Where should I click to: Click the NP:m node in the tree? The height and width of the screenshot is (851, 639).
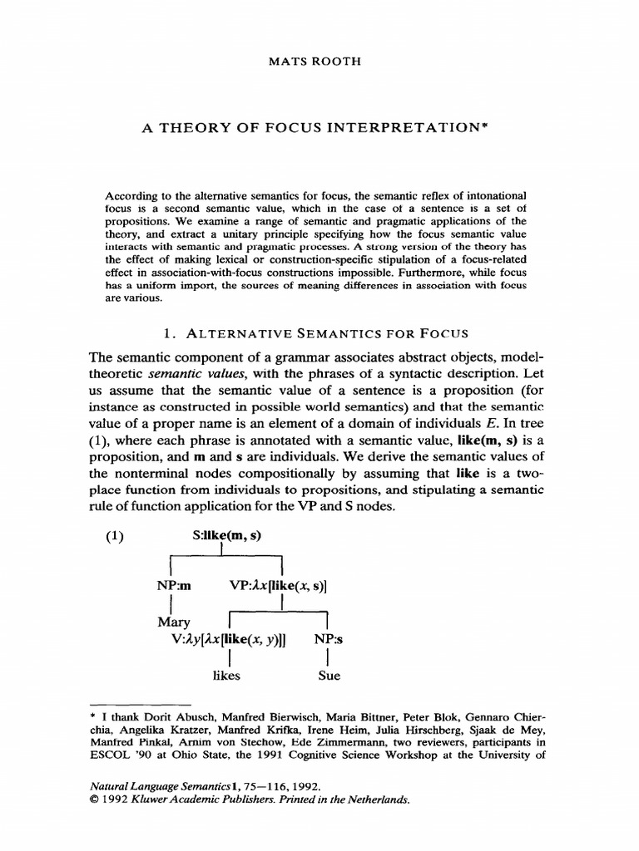tap(175, 586)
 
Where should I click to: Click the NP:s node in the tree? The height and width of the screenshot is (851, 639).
tap(328, 639)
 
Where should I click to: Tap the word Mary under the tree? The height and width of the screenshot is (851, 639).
tap(174, 622)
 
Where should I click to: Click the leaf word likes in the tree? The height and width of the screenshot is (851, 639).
tap(226, 676)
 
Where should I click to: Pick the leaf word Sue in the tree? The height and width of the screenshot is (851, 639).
tap(329, 676)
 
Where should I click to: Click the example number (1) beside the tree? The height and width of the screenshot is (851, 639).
tap(114, 536)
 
